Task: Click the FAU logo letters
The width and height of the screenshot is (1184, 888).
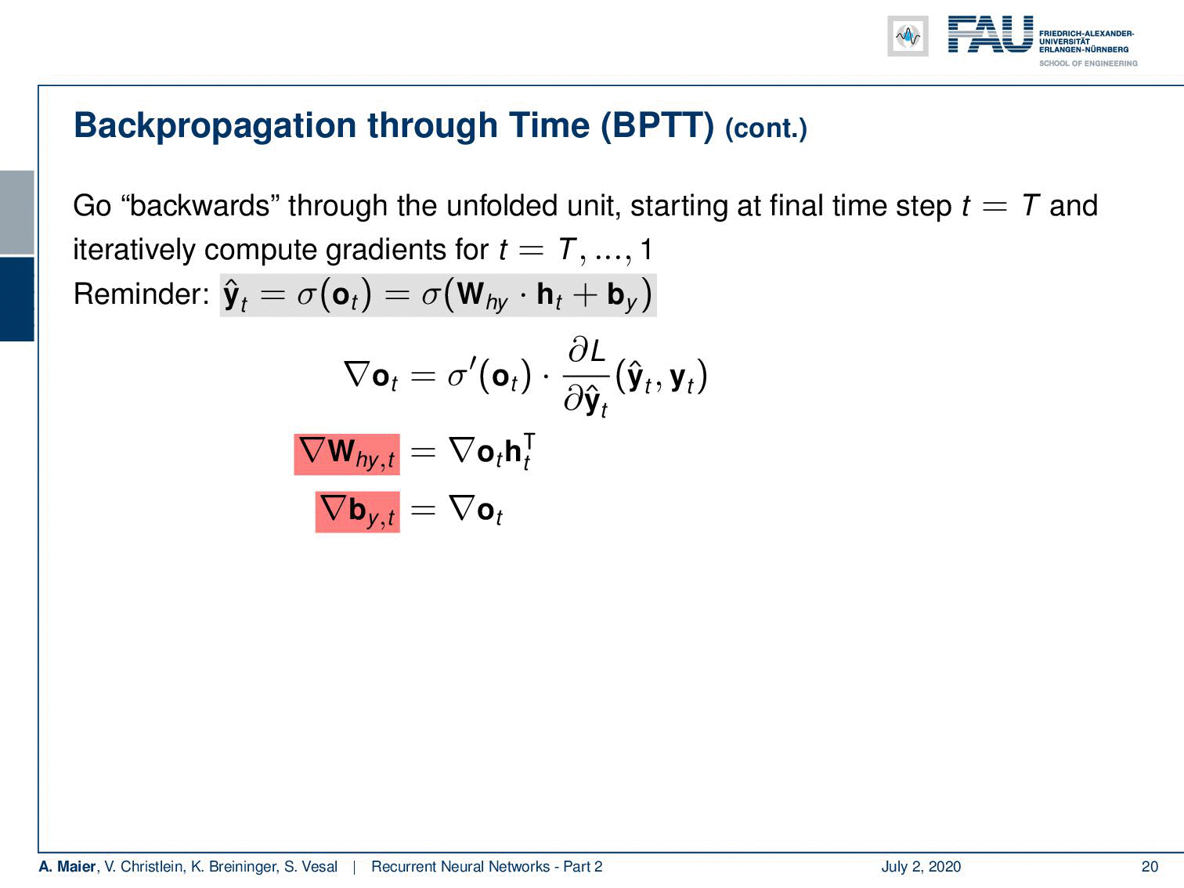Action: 991,34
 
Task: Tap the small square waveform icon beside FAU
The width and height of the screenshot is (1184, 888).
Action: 908,36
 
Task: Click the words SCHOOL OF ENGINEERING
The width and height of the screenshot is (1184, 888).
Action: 1088,63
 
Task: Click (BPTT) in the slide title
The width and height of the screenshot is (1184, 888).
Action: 657,126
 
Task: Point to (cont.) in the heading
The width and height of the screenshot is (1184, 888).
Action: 766,129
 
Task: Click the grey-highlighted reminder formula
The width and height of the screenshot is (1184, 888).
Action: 438,295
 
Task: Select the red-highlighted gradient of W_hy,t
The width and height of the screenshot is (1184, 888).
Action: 347,454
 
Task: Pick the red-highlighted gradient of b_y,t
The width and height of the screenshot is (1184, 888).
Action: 358,512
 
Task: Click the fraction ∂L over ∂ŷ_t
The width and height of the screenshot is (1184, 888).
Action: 586,377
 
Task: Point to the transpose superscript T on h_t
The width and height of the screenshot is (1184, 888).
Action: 529,441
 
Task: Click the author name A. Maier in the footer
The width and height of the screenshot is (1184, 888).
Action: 67,866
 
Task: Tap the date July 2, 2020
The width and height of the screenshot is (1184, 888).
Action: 921,866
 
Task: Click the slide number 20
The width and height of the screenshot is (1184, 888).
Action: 1150,866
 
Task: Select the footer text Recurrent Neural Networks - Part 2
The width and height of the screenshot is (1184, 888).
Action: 486,866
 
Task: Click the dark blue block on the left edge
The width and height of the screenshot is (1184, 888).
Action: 16,299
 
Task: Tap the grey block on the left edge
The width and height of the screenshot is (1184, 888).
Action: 16,212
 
